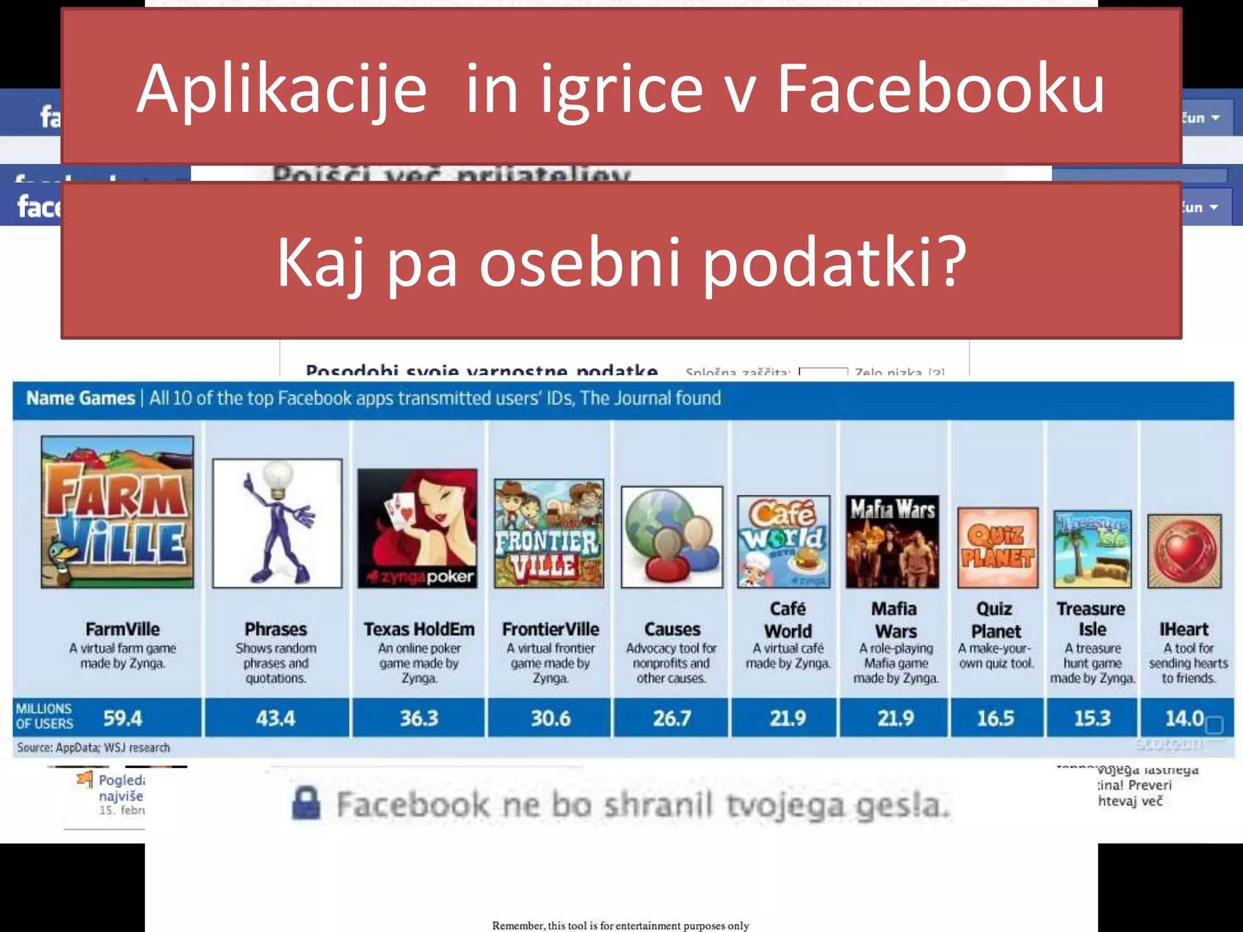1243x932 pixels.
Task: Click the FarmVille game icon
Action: click(117, 512)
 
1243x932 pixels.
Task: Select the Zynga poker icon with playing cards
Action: click(417, 528)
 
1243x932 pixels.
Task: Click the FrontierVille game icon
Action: click(549, 533)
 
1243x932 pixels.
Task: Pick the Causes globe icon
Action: click(672, 537)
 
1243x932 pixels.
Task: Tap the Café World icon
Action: click(784, 542)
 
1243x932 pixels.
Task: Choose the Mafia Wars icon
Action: click(892, 542)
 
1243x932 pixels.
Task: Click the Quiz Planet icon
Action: click(998, 548)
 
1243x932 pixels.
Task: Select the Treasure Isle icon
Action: click(1092, 549)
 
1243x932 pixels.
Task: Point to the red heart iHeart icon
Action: click(1184, 551)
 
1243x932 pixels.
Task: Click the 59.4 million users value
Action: click(122, 718)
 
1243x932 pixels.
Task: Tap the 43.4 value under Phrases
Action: click(276, 718)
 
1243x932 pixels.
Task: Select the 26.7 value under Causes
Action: click(672, 718)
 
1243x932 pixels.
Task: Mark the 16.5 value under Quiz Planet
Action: click(995, 718)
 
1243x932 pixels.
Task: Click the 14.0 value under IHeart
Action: click(1184, 718)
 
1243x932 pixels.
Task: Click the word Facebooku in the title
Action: click(941, 89)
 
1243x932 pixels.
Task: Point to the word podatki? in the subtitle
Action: click(835, 263)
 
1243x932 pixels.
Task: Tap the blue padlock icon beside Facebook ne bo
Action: click(306, 803)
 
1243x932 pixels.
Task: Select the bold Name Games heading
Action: click(80, 399)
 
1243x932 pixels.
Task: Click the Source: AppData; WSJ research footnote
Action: click(93, 748)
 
